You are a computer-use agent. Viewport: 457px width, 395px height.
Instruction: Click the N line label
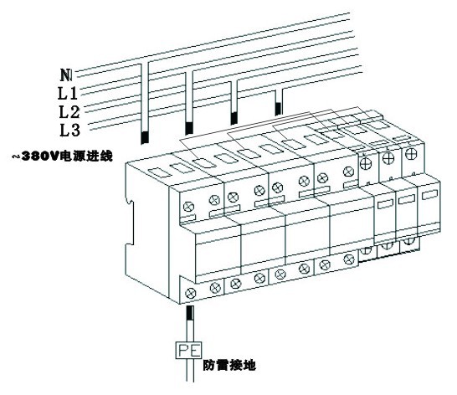[66, 74]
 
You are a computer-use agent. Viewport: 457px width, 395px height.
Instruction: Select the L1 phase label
[68, 93]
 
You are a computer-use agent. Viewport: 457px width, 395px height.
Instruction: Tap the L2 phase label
[69, 111]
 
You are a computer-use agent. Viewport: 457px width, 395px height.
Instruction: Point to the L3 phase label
[70, 130]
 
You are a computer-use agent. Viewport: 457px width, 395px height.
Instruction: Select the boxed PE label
[188, 350]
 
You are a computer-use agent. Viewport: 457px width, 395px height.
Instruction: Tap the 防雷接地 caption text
[229, 365]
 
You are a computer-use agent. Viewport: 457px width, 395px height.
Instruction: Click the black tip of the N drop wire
[145, 137]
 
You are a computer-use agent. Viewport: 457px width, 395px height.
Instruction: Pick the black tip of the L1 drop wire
[189, 128]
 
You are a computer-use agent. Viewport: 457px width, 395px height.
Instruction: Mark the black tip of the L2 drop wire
[234, 118]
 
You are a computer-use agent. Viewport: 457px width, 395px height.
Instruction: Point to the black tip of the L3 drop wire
[279, 109]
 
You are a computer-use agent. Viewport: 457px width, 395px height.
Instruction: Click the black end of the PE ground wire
[190, 312]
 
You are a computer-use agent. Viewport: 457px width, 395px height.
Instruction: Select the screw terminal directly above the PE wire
[191, 293]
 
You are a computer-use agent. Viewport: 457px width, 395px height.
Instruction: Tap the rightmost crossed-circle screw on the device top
[411, 153]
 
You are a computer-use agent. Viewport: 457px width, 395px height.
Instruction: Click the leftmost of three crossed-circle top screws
[366, 163]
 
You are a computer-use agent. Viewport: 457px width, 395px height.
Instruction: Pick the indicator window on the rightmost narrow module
[430, 194]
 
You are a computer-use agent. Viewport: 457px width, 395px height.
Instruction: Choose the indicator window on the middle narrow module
[407, 199]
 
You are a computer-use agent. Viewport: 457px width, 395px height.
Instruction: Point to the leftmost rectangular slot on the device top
[160, 172]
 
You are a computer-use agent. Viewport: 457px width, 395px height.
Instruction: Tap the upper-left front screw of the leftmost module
[188, 207]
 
